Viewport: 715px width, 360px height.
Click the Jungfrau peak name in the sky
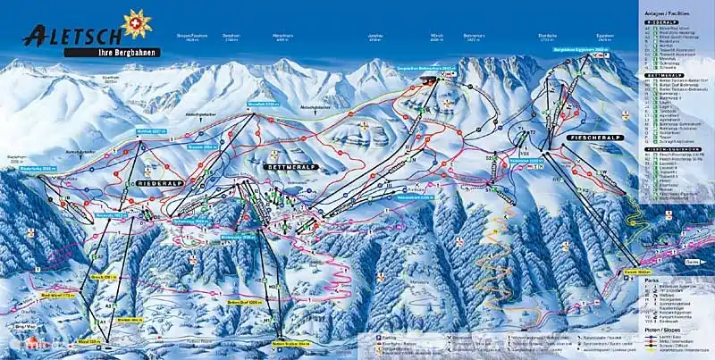coord(375,38)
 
